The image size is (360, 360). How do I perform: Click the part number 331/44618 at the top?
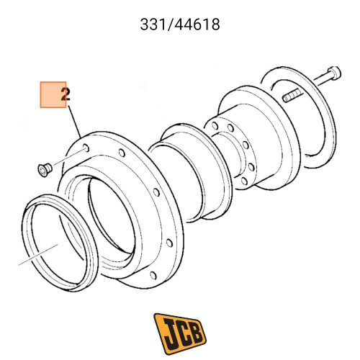(179, 24)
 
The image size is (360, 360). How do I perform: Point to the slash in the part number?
(168, 24)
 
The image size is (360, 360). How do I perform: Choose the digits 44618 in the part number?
(196, 24)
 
